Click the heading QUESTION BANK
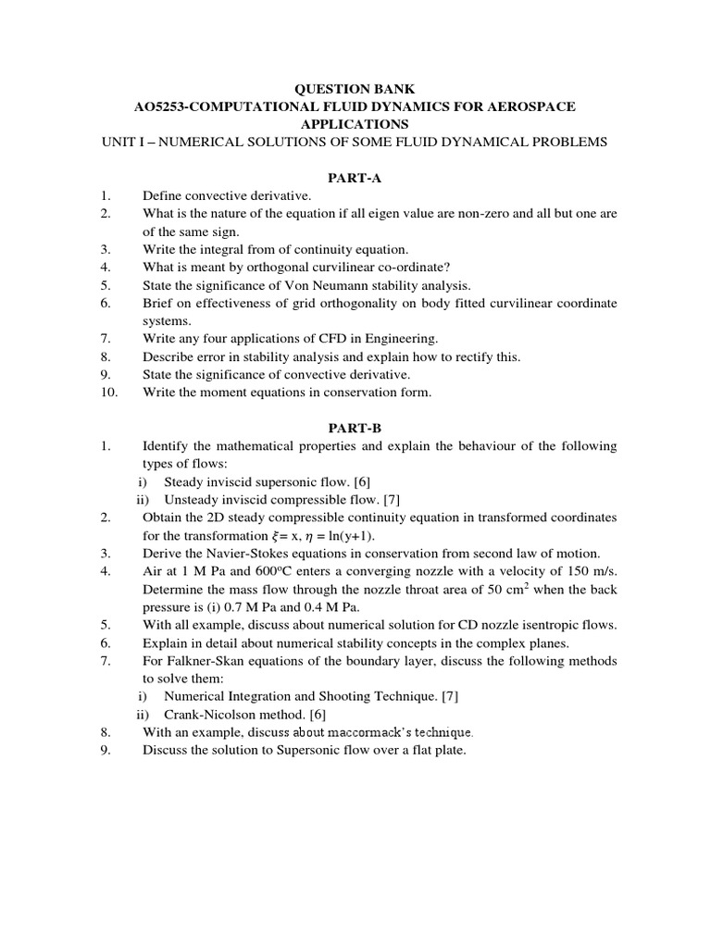[355, 89]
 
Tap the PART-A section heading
[355, 179]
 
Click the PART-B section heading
[355, 429]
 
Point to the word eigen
[416, 214]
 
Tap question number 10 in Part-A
[105, 393]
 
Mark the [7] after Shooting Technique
[449, 696]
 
